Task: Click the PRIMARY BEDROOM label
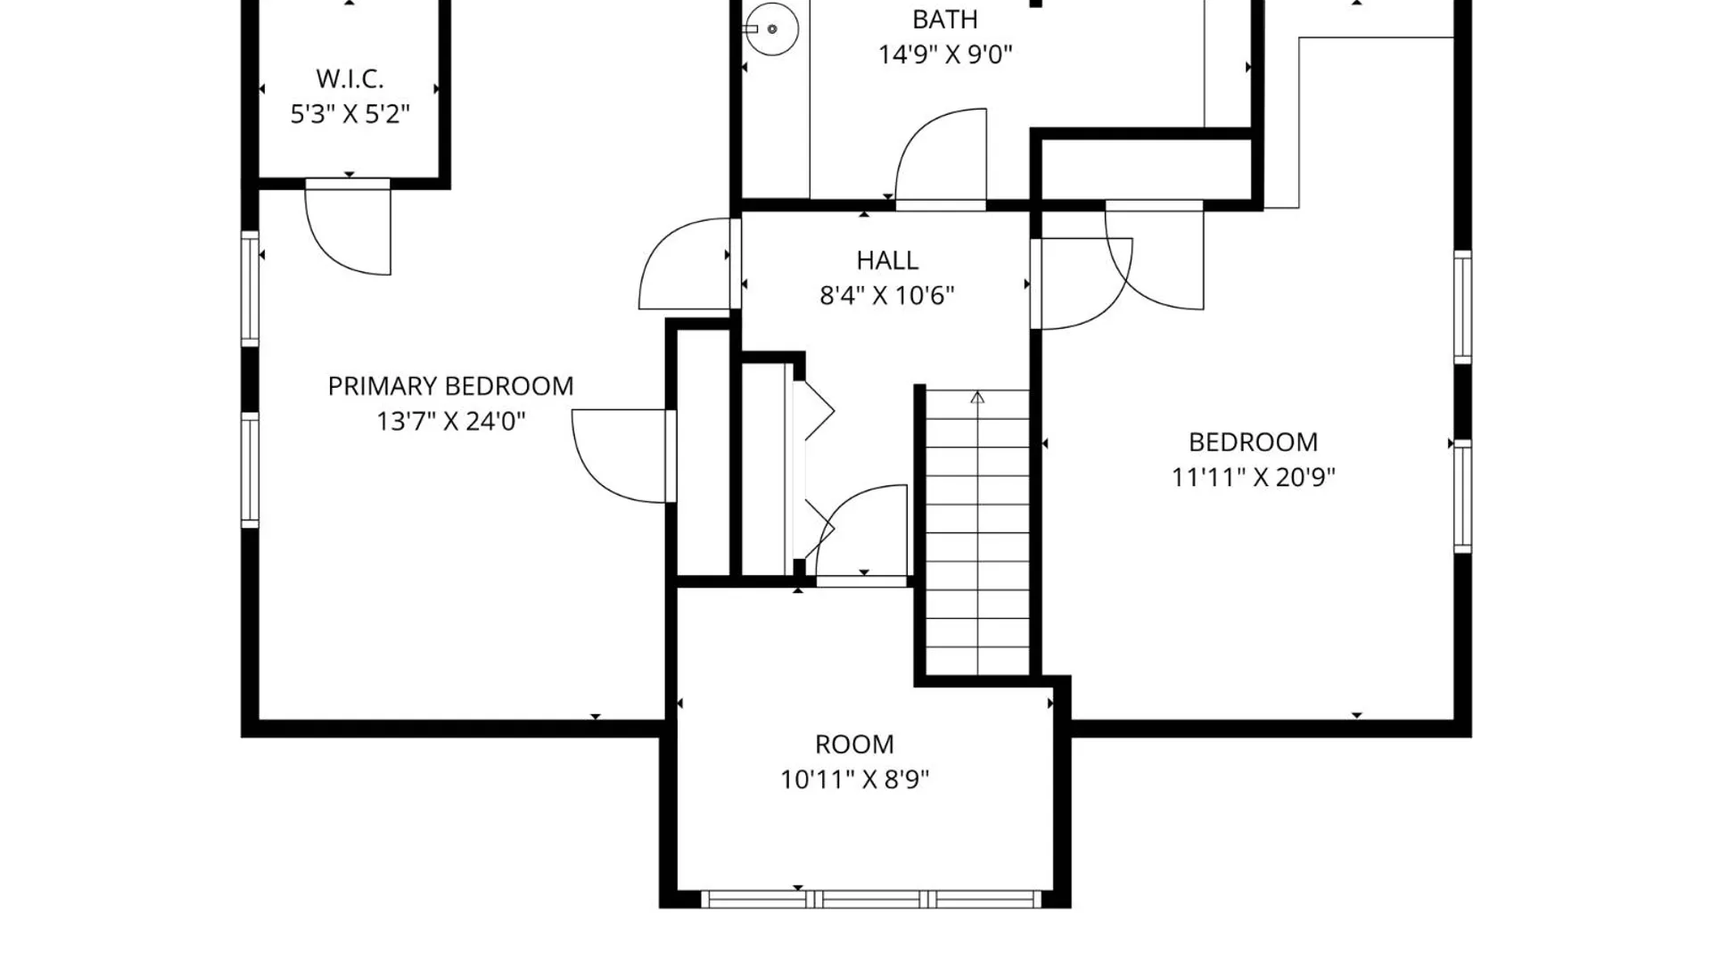(450, 386)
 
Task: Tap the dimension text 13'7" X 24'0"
(450, 421)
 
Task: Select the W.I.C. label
(350, 78)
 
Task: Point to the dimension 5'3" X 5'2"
(350, 114)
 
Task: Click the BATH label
(944, 19)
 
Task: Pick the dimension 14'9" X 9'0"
(945, 54)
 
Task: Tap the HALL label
(887, 260)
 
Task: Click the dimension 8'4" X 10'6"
(887, 295)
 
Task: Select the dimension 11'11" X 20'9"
(1253, 477)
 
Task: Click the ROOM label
(854, 745)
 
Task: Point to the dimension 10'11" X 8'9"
(854, 779)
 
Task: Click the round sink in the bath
(771, 29)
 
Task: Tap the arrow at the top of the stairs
(977, 398)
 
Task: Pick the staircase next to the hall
(977, 532)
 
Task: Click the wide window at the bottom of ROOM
(871, 899)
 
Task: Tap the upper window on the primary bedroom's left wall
(251, 288)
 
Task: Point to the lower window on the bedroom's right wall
(1462, 497)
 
